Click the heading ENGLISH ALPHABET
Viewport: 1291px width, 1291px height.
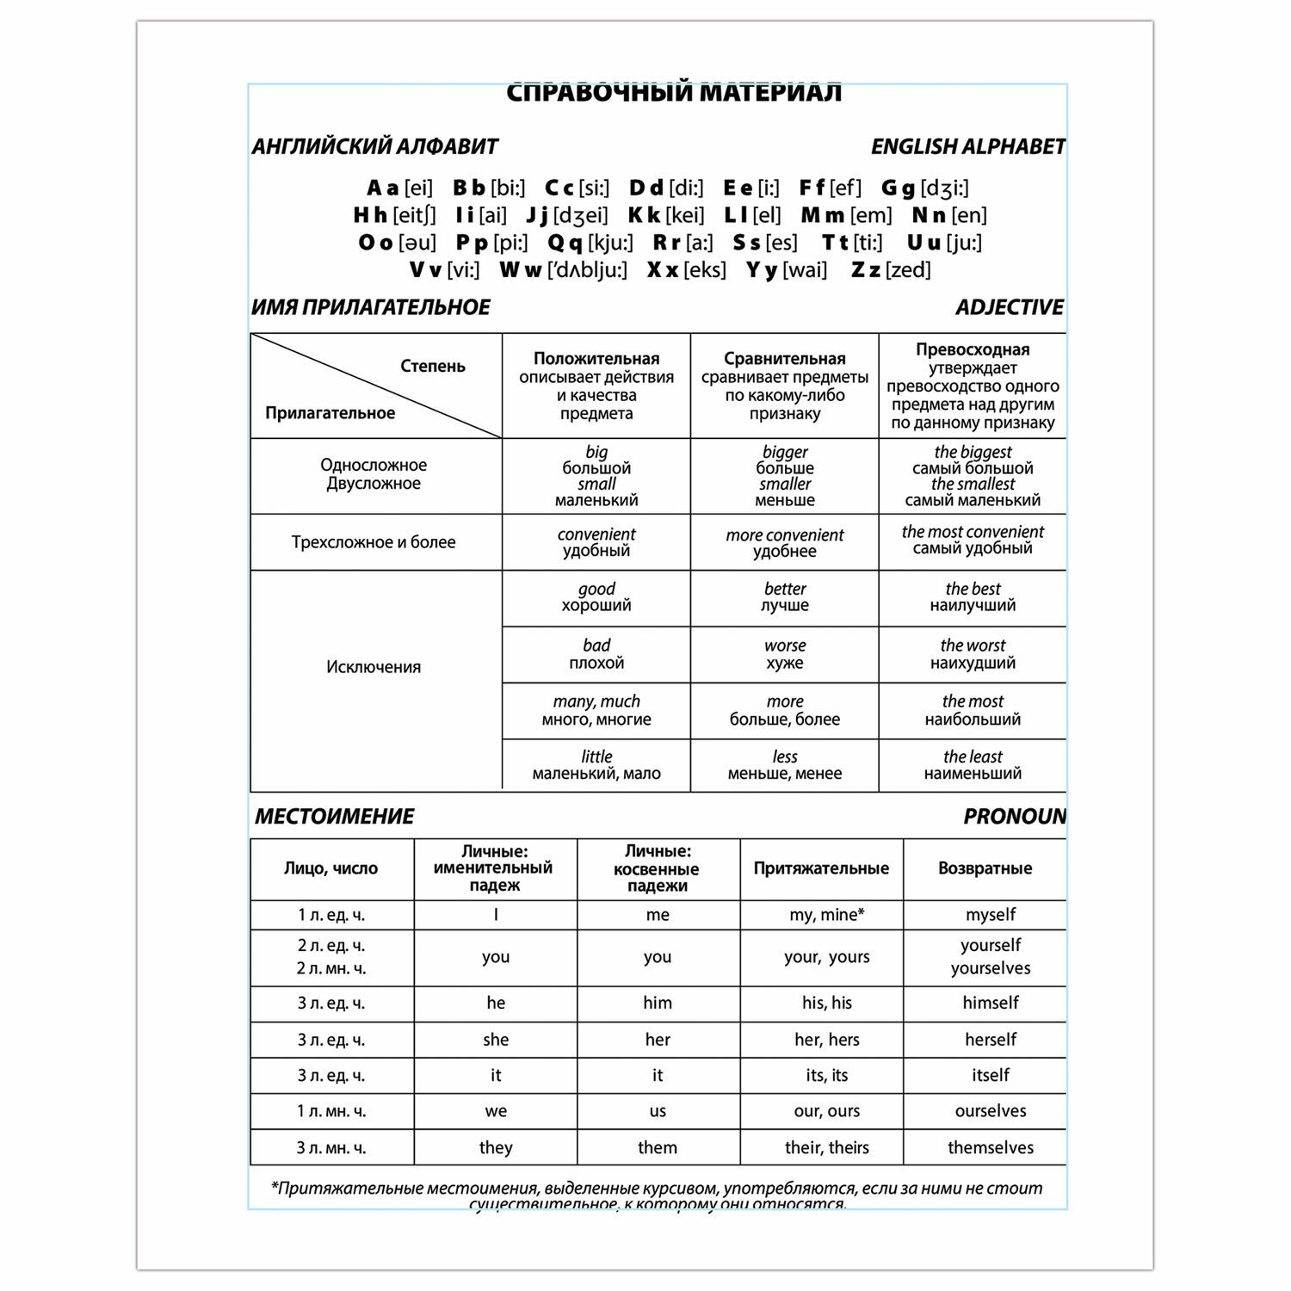click(x=967, y=147)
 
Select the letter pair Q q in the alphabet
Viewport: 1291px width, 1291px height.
click(x=565, y=244)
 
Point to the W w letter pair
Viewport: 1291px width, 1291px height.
click(x=520, y=270)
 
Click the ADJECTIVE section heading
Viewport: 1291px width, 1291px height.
click(x=1010, y=307)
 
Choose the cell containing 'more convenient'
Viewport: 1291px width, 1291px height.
click(x=784, y=542)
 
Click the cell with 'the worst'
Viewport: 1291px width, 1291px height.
click(x=973, y=654)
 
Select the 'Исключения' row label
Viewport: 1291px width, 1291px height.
click(x=374, y=667)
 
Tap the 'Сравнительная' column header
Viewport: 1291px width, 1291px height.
click(x=784, y=359)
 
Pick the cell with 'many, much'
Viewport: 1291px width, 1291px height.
click(x=596, y=710)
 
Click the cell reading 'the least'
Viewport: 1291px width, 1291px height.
click(x=973, y=764)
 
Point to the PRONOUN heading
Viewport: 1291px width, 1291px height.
click(x=1014, y=817)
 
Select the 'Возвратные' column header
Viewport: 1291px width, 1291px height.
click(x=985, y=868)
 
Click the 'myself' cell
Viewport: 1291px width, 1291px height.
click(x=990, y=915)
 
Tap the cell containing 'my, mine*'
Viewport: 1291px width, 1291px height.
click(x=826, y=915)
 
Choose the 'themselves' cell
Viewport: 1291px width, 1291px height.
click(x=990, y=1147)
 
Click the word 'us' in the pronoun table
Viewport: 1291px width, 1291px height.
click(x=658, y=1111)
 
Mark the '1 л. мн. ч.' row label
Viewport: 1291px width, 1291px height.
click(x=331, y=1111)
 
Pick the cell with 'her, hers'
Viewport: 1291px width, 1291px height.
click(x=826, y=1040)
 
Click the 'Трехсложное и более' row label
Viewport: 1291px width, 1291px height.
click(x=374, y=542)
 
